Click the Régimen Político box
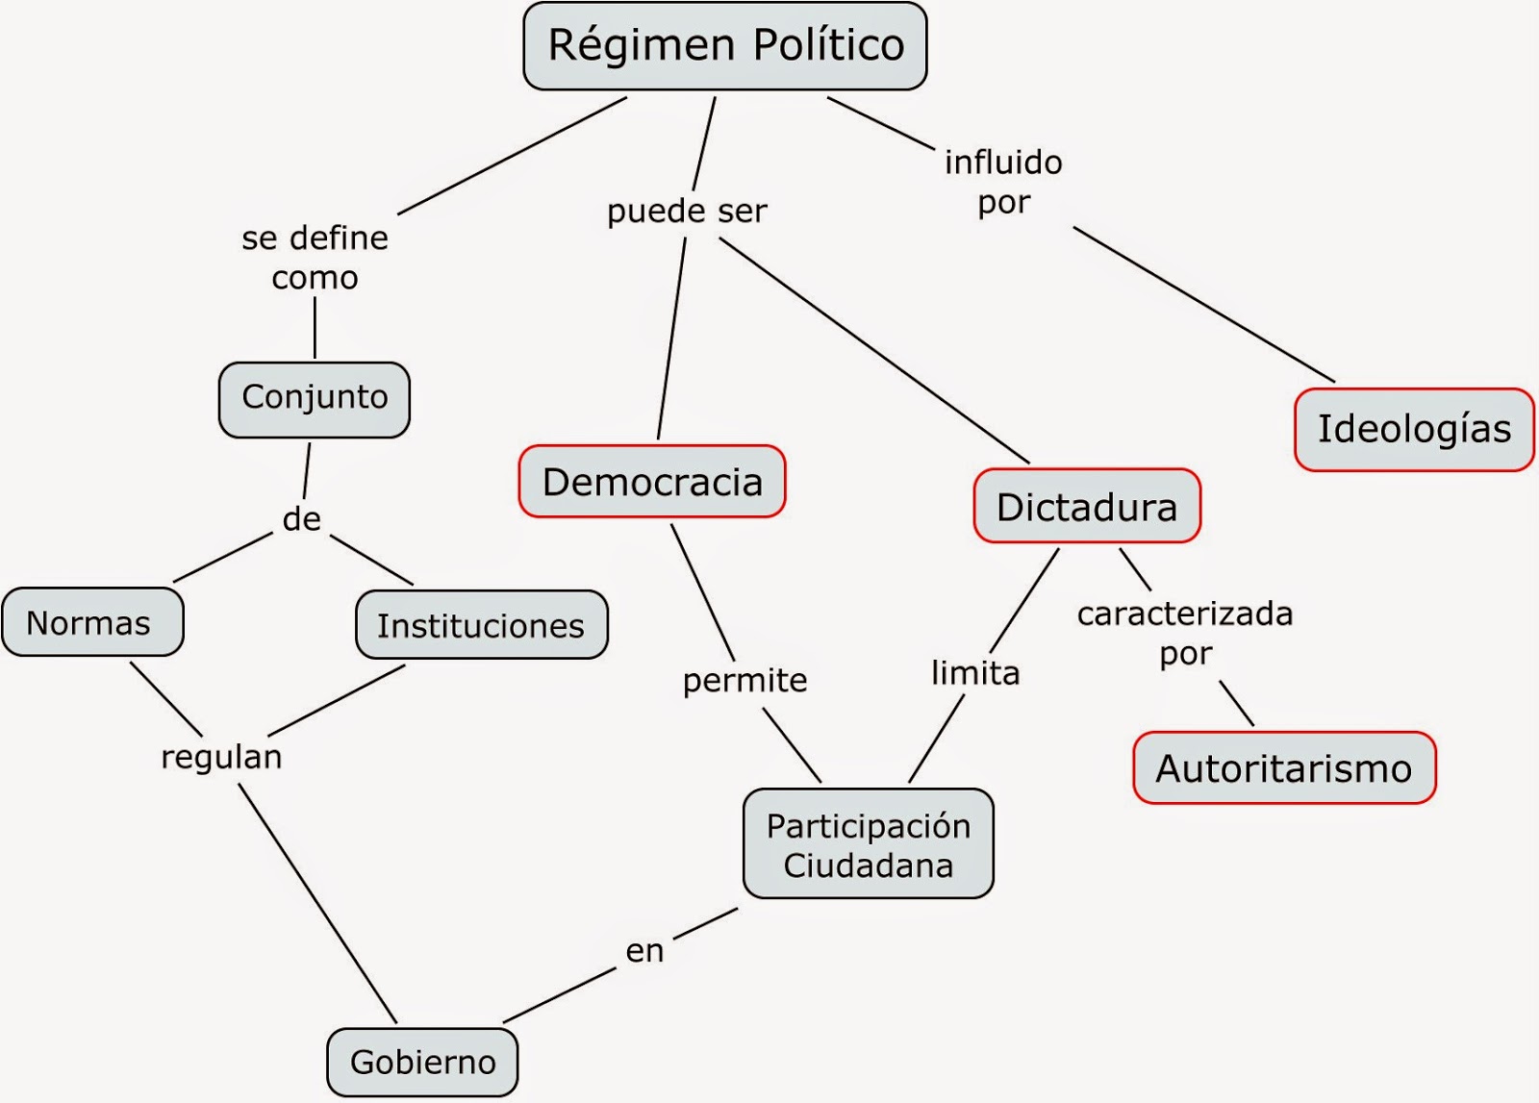click(725, 46)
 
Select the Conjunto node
click(315, 398)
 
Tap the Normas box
click(91, 623)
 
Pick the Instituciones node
click(481, 625)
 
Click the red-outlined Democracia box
click(652, 482)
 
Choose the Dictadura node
click(1087, 507)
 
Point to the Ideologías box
click(1414, 429)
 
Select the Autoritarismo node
click(1284, 768)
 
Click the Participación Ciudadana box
click(868, 844)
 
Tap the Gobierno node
click(422, 1062)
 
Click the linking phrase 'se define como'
click(315, 258)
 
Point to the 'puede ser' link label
click(687, 211)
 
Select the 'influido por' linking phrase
click(1003, 182)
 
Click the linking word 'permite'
click(745, 680)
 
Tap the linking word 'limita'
click(975, 672)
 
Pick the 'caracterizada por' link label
click(1185, 633)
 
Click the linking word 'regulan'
click(221, 757)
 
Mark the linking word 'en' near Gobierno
click(644, 950)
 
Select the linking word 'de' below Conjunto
click(301, 519)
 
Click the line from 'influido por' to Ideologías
click(1202, 304)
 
